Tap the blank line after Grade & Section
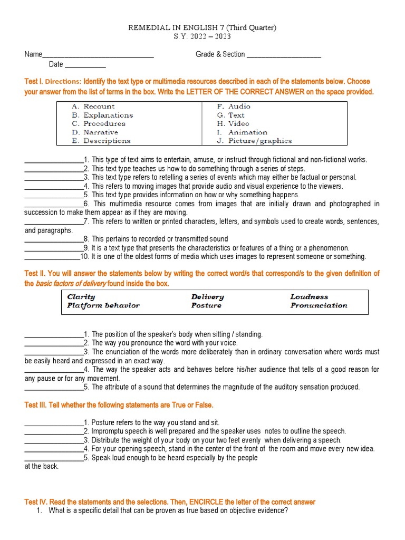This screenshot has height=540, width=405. [x=284, y=55]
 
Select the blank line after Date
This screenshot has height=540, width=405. [x=85, y=66]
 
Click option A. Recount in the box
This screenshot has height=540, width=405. [x=93, y=107]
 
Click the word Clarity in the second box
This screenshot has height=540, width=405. [x=81, y=297]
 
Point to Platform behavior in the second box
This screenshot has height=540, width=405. [x=103, y=305]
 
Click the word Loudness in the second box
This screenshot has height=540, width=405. [x=309, y=297]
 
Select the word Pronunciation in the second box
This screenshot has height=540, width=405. [x=319, y=305]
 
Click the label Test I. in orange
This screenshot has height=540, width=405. [x=34, y=82]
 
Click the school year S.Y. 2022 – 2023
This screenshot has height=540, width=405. [x=202, y=37]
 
